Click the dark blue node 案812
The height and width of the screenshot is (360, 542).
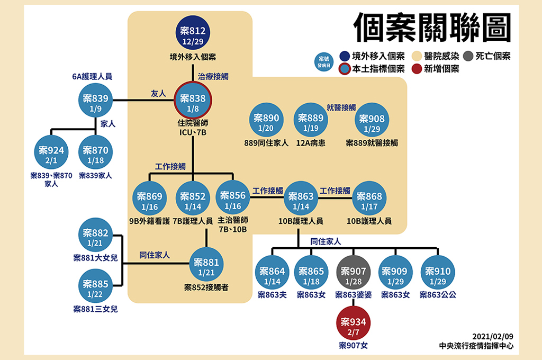(193, 35)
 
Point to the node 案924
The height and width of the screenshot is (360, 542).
(51, 154)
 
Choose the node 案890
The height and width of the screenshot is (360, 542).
(266, 122)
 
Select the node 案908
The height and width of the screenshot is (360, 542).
(372, 123)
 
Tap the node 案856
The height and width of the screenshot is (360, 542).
(233, 200)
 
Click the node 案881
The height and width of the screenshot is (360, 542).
(206, 266)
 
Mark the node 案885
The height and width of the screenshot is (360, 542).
(96, 288)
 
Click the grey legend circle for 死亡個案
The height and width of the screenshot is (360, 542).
(468, 56)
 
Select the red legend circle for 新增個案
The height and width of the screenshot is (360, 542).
(417, 69)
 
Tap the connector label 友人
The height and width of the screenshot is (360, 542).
(158, 93)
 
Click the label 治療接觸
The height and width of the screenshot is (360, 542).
(213, 76)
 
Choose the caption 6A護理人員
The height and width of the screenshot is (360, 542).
(92, 76)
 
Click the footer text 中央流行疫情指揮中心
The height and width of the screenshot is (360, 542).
(476, 346)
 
